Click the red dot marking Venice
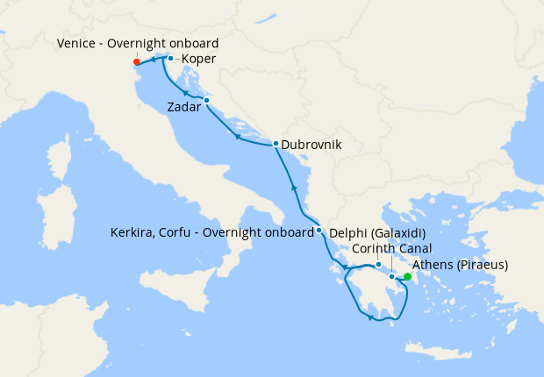136,62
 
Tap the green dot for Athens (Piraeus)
407,276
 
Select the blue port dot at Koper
170,59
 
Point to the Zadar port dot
206,101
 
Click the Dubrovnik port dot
276,144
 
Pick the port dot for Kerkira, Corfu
319,231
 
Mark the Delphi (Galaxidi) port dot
378,265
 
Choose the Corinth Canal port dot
391,276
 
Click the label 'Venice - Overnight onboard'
138,43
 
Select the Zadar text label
183,107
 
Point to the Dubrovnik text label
311,145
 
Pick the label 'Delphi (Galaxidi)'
377,233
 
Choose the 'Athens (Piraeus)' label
461,265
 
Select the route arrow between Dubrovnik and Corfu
295,188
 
